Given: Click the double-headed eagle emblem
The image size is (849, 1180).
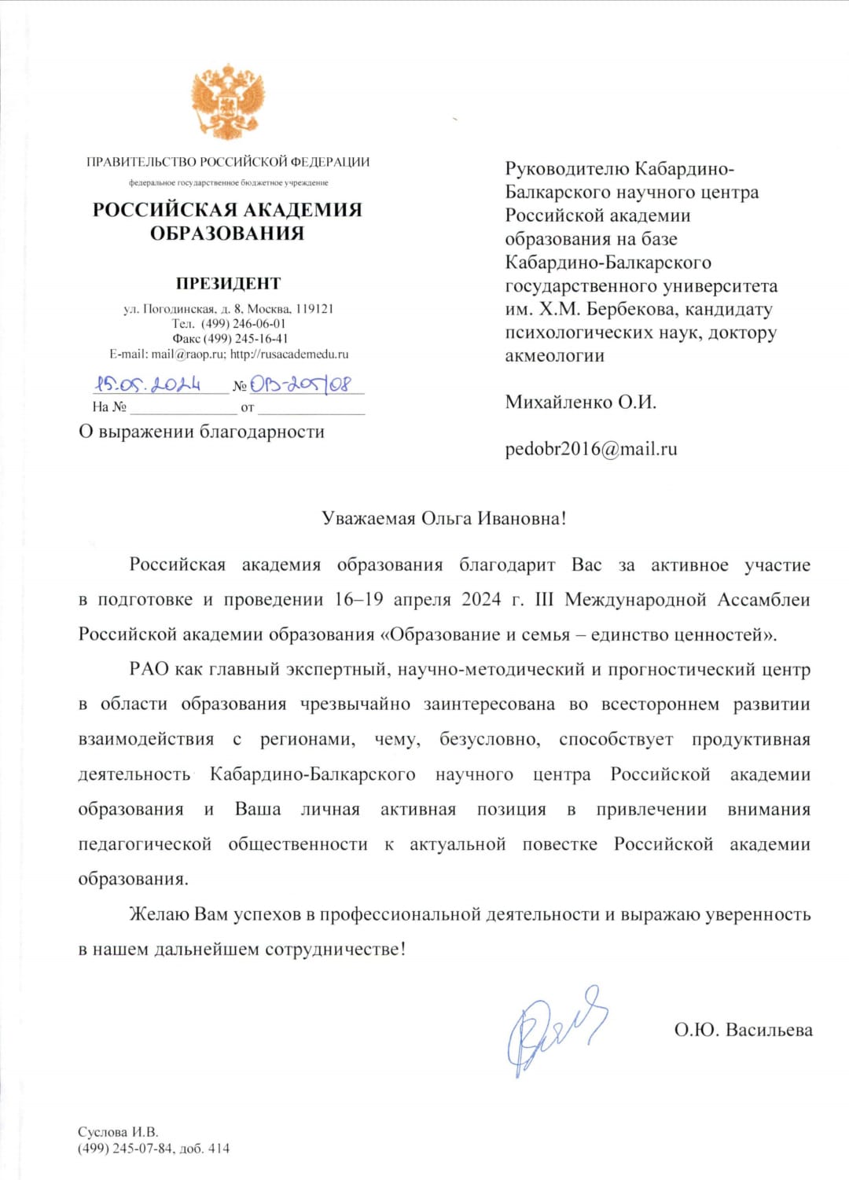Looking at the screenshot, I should coord(227,101).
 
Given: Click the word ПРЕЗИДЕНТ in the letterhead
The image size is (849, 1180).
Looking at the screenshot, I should coord(228,283).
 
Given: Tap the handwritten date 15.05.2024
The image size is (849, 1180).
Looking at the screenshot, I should coord(148,384).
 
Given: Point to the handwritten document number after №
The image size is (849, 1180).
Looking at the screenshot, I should coord(301,384).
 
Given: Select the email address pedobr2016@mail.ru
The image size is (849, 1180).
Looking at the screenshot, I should coord(590,449).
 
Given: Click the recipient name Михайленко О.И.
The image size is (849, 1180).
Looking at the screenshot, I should coord(580,402).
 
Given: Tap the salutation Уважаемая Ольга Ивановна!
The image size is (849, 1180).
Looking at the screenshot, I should coord(443,518).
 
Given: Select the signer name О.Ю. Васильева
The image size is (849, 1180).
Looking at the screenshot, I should coord(743,1030).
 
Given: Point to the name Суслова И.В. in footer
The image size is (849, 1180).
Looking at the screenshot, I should coord(118,1132).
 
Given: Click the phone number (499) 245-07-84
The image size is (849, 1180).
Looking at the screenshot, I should coord(125,1148).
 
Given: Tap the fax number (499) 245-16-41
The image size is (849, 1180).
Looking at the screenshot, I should coord(245,339).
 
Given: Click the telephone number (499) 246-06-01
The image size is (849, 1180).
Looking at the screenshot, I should coord(243,323).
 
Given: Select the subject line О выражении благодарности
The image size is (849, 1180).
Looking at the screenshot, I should coord(201,432).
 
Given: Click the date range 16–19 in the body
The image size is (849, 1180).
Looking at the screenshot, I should coord(358,600).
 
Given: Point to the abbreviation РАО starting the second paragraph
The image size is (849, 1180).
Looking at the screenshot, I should coord(149,669).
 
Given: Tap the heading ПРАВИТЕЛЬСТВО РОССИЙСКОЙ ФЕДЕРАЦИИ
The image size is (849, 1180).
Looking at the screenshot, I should coord(228,162).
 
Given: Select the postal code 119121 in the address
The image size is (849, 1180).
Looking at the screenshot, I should coord(314,309).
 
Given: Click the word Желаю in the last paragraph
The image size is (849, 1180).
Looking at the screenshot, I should coord(159,914).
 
